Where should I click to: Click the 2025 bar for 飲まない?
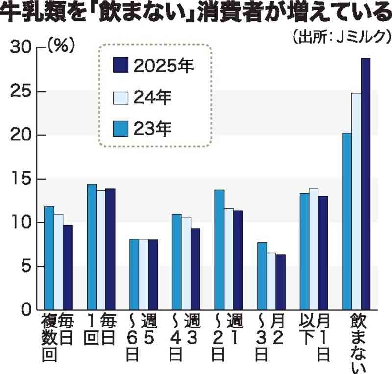click(x=366, y=184)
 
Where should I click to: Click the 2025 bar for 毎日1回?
click(x=110, y=249)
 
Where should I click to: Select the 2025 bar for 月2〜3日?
click(x=280, y=282)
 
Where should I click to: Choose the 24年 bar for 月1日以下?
click(x=314, y=249)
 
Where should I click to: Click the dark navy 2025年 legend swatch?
click(x=121, y=66)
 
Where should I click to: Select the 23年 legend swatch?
click(x=121, y=129)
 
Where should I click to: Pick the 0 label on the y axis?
click(x=27, y=310)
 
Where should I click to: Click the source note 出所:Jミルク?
click(x=341, y=37)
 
